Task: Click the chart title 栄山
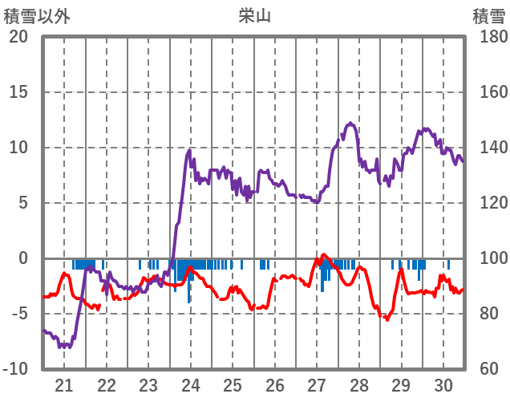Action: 254,15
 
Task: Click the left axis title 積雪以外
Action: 36,15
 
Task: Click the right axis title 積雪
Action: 488,15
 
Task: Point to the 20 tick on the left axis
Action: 18,37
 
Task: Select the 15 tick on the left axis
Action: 18,92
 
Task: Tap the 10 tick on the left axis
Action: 18,148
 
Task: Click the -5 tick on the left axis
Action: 18,314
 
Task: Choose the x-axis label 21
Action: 64,385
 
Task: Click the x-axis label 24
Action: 191,385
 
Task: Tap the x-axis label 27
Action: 317,385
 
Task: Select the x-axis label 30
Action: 443,385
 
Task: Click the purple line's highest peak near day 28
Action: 350,123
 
